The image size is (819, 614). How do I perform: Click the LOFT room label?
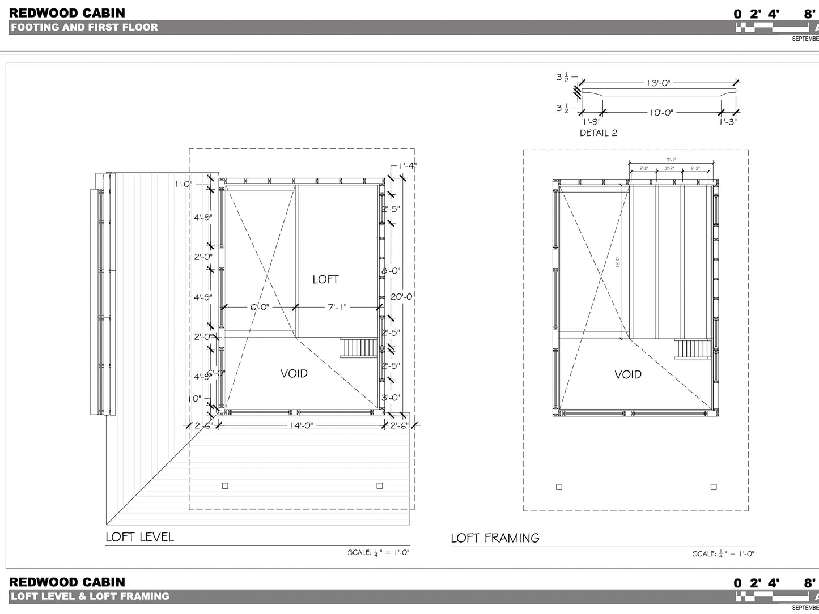click(x=325, y=279)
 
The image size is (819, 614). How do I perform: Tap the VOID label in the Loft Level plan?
click(x=294, y=373)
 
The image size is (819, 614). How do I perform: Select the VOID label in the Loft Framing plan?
click(x=628, y=374)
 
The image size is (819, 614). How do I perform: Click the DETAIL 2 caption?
click(x=598, y=133)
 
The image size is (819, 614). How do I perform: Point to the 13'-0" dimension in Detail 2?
click(x=658, y=83)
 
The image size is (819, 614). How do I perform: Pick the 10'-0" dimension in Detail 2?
click(x=661, y=113)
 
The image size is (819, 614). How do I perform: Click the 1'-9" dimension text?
click(x=592, y=122)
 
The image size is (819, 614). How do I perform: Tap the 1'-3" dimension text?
click(x=728, y=122)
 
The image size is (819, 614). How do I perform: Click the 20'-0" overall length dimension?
click(x=403, y=296)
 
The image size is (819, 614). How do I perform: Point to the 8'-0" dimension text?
click(x=391, y=271)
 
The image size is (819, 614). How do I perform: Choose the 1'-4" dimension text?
click(x=407, y=166)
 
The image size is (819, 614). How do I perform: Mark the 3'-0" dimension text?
click(x=391, y=398)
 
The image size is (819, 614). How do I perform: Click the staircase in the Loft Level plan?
click(x=359, y=347)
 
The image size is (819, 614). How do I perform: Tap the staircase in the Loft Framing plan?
click(x=693, y=348)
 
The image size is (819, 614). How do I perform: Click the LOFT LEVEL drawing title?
click(x=139, y=537)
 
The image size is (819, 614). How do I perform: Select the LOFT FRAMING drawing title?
click(x=495, y=538)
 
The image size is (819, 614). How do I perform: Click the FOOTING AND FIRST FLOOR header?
click(x=84, y=27)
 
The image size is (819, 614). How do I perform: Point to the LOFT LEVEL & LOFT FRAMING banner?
click(x=90, y=596)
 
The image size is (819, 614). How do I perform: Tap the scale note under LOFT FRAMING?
click(x=723, y=554)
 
